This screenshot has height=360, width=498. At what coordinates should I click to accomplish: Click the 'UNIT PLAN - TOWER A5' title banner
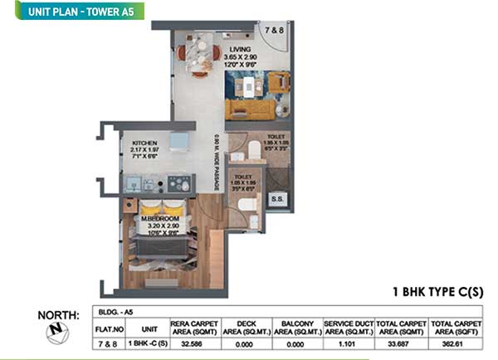[x=73, y=11]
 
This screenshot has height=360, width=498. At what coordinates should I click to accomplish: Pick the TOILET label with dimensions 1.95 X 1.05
[x=276, y=140]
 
